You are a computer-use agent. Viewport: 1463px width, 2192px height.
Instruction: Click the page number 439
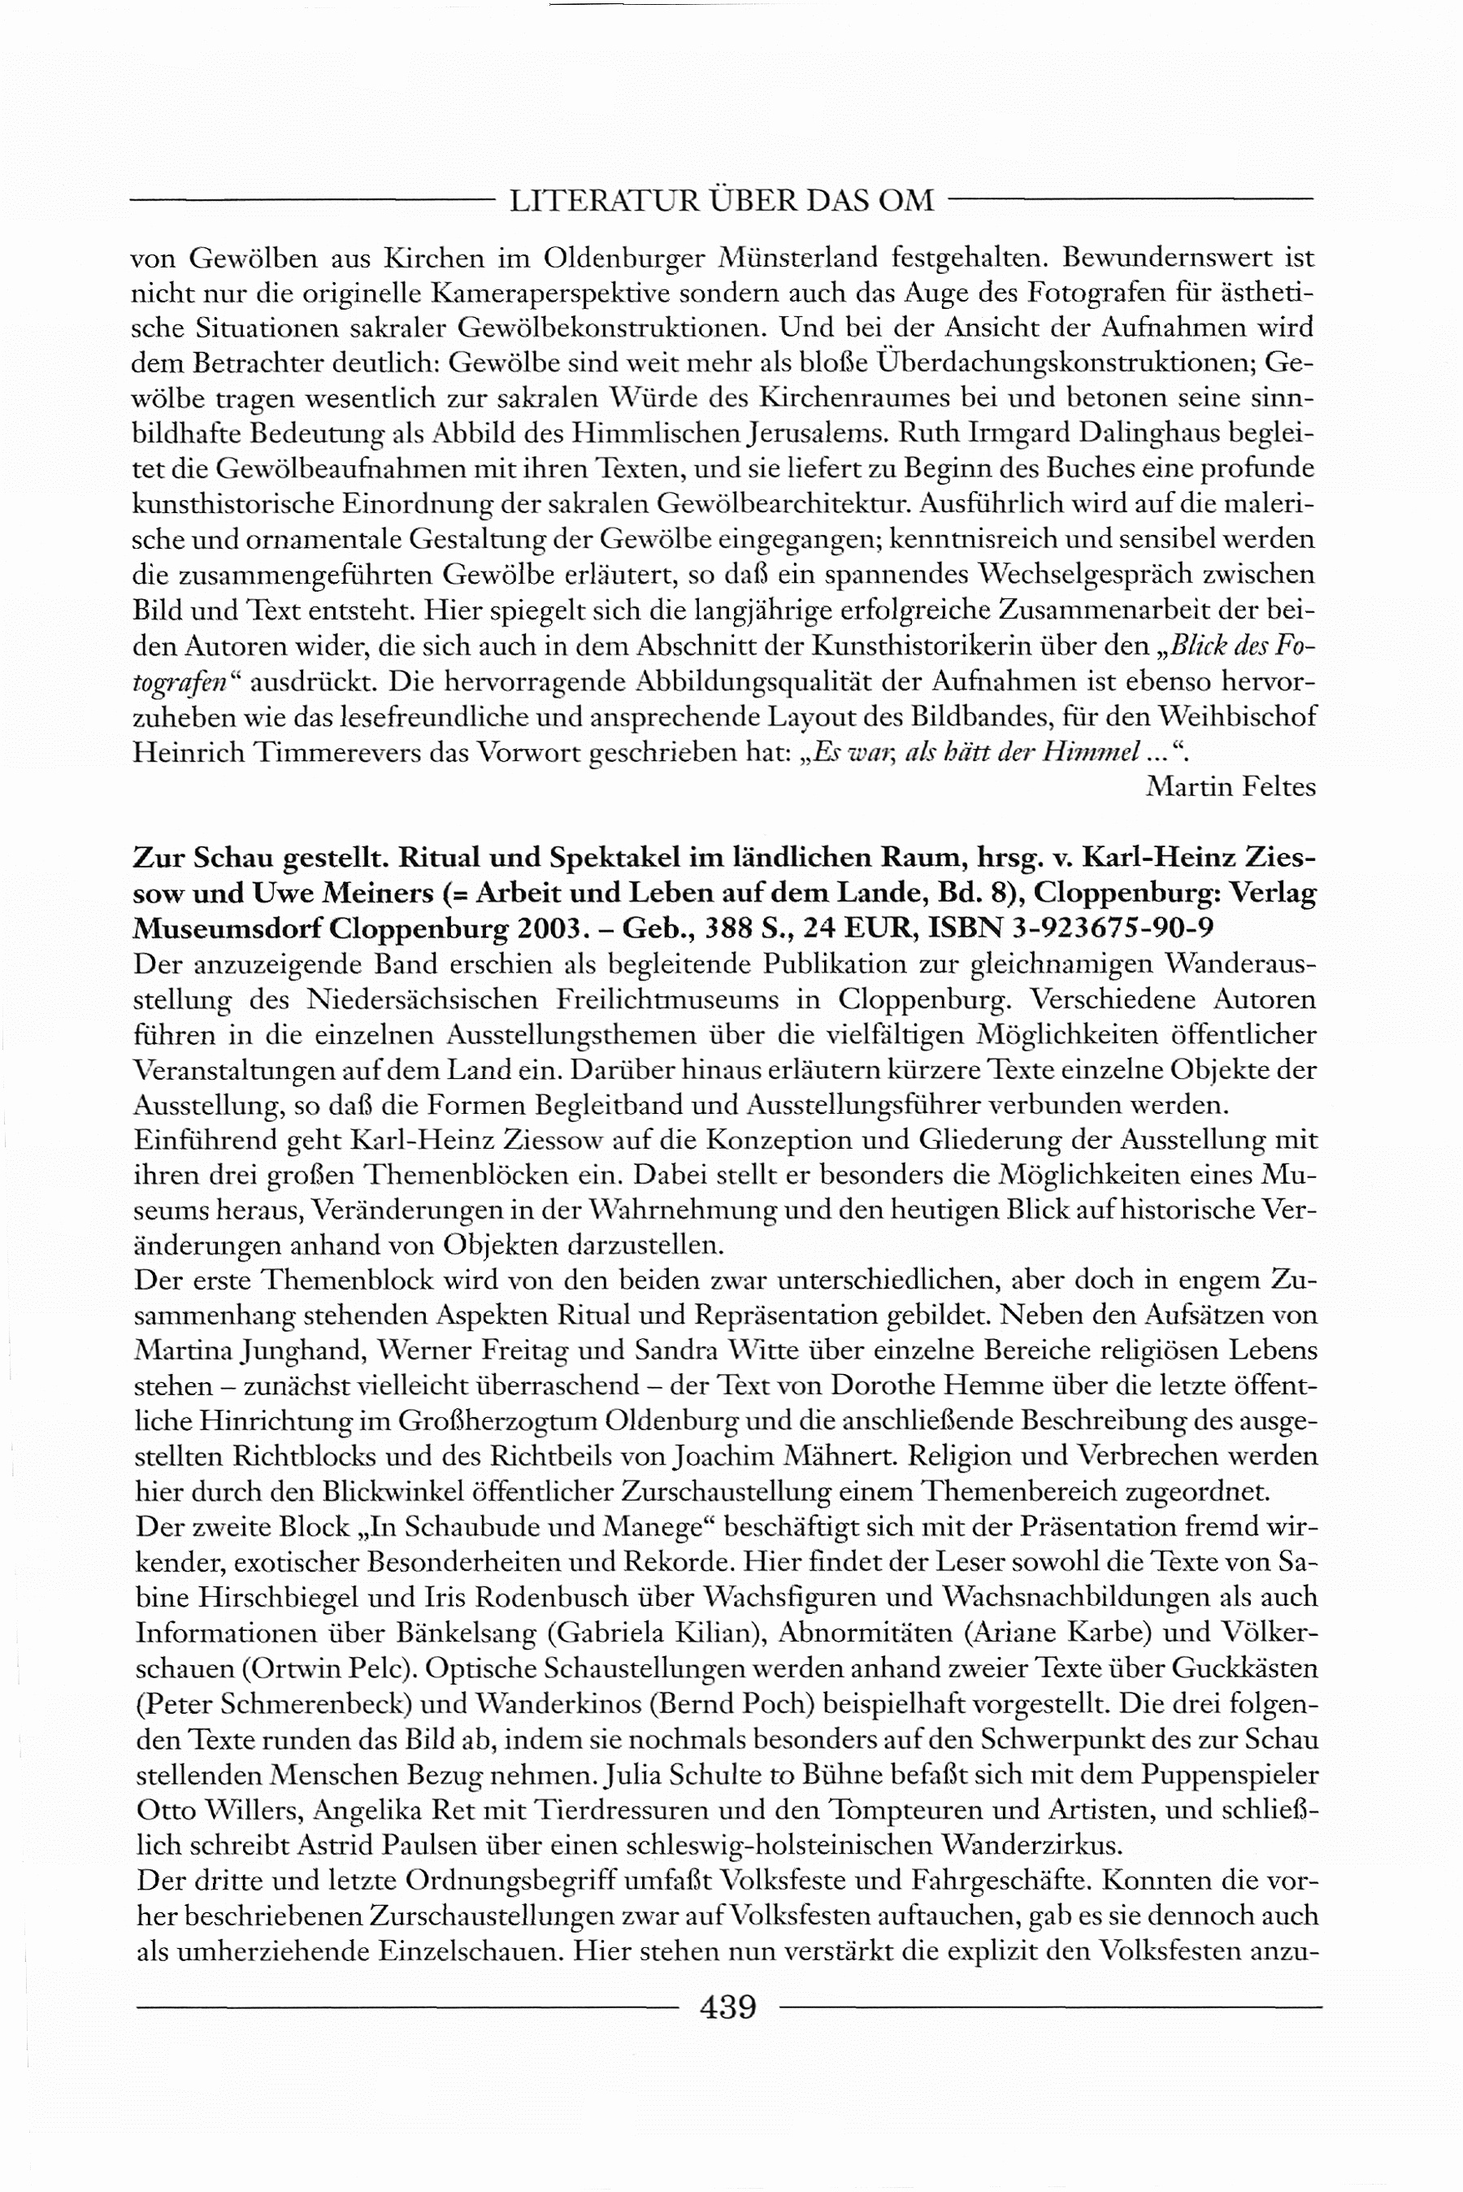(x=727, y=2007)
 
